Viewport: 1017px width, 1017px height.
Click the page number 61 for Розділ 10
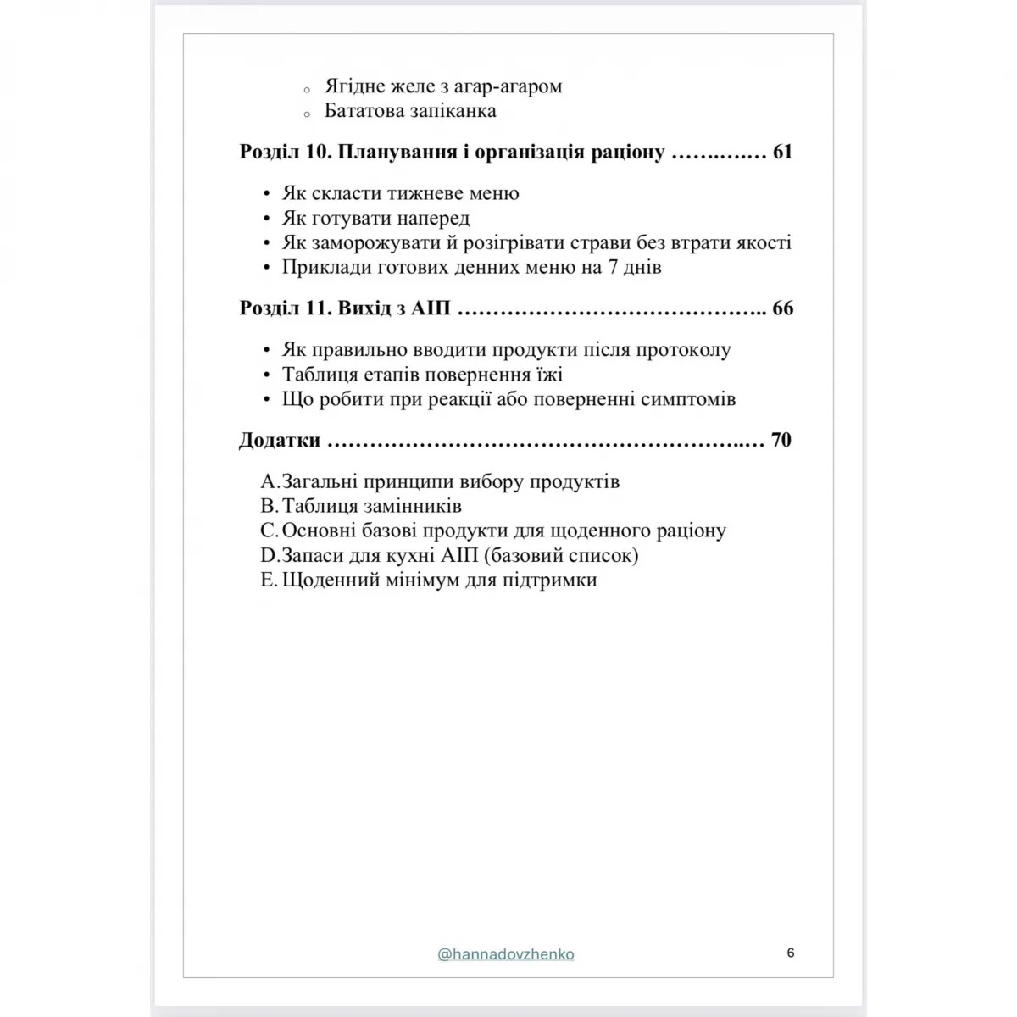pos(782,153)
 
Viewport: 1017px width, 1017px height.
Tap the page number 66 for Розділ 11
pos(782,308)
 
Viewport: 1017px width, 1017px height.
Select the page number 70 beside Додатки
pos(781,440)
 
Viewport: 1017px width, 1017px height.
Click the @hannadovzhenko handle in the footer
pos(506,954)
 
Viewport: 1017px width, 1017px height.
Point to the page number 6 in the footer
pos(791,953)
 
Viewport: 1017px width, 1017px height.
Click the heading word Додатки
pos(280,440)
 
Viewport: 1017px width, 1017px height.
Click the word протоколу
pos(683,350)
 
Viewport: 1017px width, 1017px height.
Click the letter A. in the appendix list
pos(270,482)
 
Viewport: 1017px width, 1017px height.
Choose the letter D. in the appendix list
pos(270,556)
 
